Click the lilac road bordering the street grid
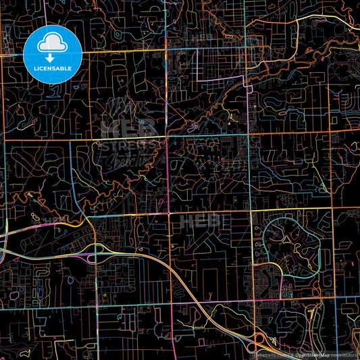197,68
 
